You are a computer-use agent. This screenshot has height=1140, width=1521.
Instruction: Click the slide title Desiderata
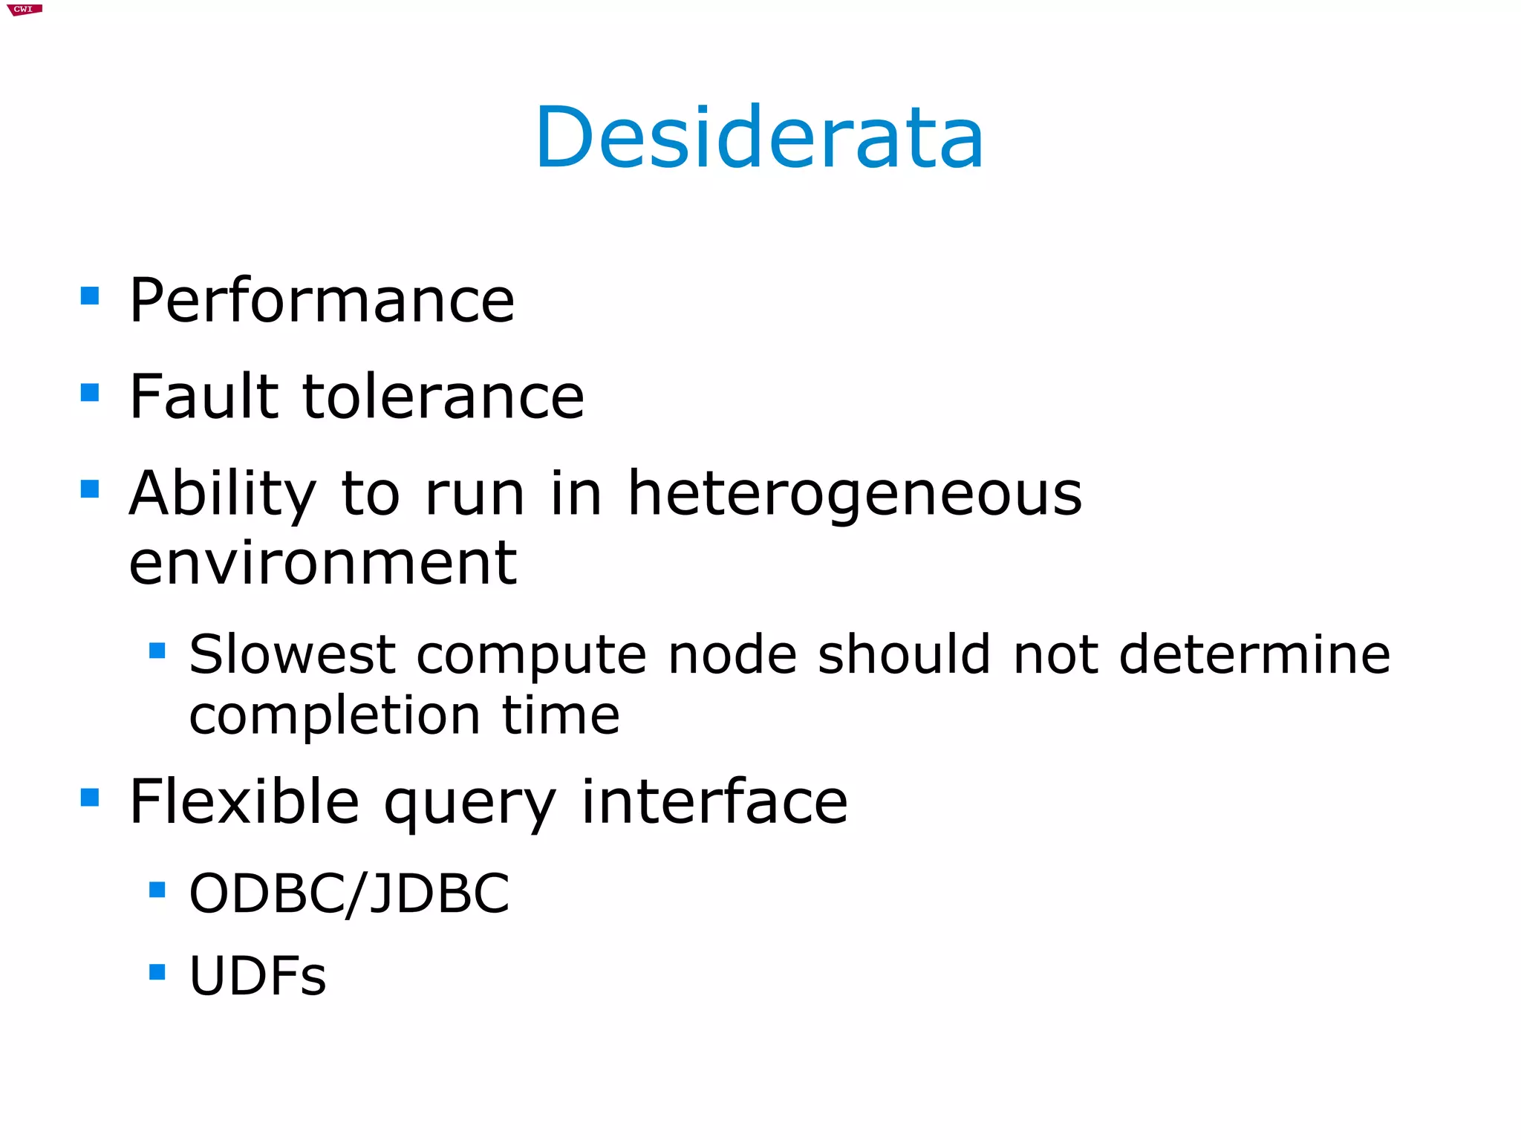tap(759, 138)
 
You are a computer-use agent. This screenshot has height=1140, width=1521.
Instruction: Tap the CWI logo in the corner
tap(25, 10)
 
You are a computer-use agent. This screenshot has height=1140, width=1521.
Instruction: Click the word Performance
tap(322, 300)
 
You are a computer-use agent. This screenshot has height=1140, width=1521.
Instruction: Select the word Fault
tap(203, 397)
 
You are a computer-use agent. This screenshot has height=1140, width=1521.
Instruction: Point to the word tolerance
tap(443, 397)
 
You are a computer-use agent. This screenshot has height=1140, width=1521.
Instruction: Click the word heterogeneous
tap(855, 495)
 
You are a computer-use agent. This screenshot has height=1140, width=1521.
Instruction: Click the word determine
tap(1254, 655)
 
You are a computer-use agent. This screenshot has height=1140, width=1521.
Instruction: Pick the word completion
tap(335, 716)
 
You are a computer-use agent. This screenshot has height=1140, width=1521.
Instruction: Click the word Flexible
tap(244, 801)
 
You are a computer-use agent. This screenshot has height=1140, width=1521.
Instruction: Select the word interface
tap(714, 801)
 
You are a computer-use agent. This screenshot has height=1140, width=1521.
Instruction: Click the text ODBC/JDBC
tap(349, 893)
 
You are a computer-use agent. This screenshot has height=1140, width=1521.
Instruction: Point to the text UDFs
tap(258, 975)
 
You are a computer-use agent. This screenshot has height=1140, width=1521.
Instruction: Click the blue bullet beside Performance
tap(90, 296)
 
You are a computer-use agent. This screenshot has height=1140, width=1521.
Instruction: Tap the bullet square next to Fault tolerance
tap(90, 392)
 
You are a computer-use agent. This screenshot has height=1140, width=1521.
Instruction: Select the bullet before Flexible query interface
tap(90, 798)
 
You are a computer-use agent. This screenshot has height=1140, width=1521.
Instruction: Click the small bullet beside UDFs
tap(157, 971)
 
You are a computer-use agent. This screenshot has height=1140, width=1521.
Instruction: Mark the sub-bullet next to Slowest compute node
tap(157, 651)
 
